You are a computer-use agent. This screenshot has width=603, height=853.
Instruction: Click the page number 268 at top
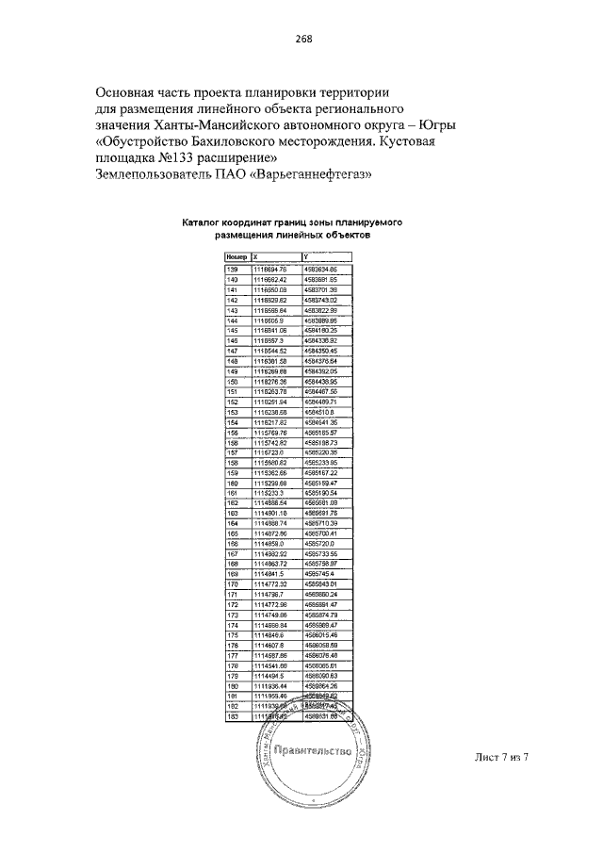[301, 39]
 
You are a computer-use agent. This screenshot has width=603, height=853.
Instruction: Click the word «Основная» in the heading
[130, 92]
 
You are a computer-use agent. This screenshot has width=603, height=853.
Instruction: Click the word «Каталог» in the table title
[201, 224]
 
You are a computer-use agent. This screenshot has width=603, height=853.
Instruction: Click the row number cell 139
[233, 270]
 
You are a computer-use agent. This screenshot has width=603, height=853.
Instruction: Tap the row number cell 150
[233, 381]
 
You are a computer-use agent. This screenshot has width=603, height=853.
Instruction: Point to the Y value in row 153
[320, 412]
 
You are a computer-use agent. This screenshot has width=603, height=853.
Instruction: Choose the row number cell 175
[233, 635]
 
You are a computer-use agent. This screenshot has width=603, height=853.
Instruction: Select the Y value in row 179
[321, 676]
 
